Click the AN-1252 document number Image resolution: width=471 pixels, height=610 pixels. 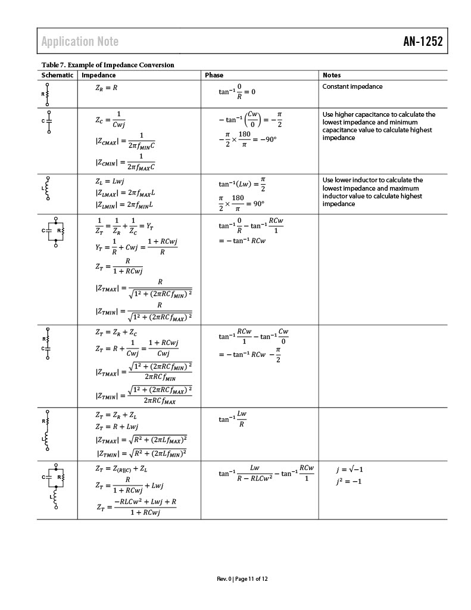422,41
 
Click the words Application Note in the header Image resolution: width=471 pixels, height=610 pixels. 80,41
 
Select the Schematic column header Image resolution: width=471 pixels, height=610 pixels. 57,75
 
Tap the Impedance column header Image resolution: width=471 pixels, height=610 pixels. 98,75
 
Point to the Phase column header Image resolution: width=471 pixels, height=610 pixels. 214,75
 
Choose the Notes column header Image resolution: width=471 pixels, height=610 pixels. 332,75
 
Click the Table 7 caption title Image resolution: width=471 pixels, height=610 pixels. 108,64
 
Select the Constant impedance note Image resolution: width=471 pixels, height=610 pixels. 353,86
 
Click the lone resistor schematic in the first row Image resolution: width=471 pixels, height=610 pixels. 46,94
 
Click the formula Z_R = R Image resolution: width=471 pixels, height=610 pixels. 106,88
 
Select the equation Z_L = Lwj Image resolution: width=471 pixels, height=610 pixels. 110,182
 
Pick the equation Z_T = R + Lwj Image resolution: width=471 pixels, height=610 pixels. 117,427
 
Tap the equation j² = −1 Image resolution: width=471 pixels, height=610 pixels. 349,481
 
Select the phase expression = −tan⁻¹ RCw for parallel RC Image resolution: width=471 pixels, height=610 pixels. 242,241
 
